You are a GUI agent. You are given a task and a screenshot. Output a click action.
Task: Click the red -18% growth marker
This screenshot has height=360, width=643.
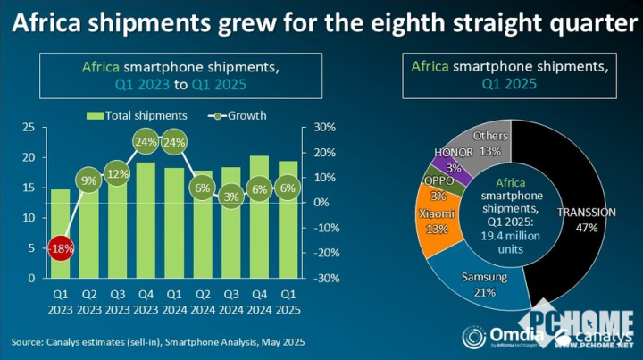[59, 248]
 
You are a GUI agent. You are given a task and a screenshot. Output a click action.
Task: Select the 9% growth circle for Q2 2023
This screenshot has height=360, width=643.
[89, 180]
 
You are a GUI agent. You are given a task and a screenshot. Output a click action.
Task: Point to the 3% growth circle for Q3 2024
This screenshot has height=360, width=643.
[231, 196]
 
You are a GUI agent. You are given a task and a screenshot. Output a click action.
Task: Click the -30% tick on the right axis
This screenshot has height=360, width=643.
[323, 278]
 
